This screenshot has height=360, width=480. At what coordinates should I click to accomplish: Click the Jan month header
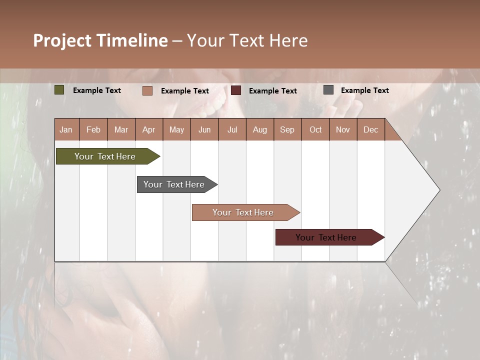(66, 130)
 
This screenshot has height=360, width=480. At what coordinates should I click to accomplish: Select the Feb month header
(93, 130)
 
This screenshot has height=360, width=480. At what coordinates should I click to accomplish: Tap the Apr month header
(148, 130)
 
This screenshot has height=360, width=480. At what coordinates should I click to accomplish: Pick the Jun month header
(204, 130)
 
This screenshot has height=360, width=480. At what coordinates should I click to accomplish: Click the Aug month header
(259, 130)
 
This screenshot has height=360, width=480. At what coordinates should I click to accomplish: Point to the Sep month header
(287, 130)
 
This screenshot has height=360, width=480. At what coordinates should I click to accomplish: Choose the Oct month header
(315, 130)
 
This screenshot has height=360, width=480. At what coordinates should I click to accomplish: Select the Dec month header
(370, 130)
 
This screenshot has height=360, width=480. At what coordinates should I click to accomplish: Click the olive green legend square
(59, 90)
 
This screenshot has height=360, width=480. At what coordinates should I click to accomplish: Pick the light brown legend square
(147, 90)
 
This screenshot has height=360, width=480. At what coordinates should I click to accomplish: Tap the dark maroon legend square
(236, 90)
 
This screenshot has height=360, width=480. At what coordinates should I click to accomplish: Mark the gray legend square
(328, 90)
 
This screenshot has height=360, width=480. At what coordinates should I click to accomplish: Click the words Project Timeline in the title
(100, 40)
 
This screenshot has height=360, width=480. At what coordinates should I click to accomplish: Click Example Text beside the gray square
(364, 90)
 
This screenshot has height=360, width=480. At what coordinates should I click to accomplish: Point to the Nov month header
(343, 130)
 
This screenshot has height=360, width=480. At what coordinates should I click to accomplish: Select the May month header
(176, 130)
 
